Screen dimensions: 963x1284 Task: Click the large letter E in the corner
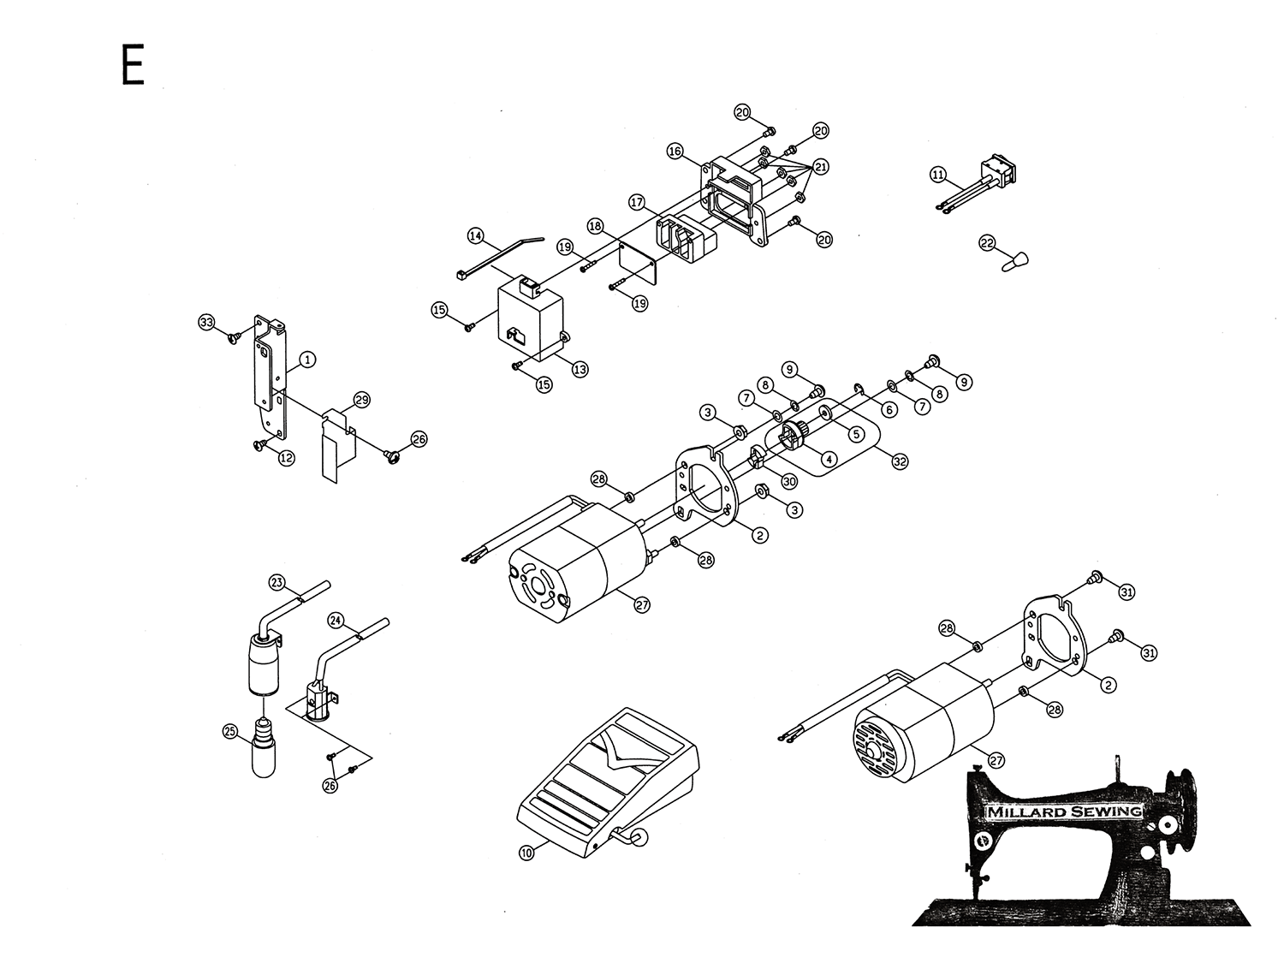(133, 65)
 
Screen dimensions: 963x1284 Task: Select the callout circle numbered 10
(527, 852)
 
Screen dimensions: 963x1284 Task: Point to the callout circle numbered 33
(206, 323)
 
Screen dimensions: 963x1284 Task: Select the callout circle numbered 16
(675, 152)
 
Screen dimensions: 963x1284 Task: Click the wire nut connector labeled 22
(1015, 258)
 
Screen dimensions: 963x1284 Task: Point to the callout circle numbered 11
(938, 175)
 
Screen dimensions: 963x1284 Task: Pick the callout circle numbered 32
(900, 461)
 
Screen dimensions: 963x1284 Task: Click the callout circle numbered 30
(789, 482)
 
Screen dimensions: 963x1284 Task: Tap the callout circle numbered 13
(580, 370)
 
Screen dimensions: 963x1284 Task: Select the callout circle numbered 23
(276, 583)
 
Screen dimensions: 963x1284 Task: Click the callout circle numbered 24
(336, 619)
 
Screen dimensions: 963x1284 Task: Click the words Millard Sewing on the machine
(1064, 811)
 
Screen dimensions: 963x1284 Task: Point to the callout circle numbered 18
(596, 225)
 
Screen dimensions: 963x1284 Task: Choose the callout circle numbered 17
(637, 203)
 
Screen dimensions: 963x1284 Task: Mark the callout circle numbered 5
(854, 434)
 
